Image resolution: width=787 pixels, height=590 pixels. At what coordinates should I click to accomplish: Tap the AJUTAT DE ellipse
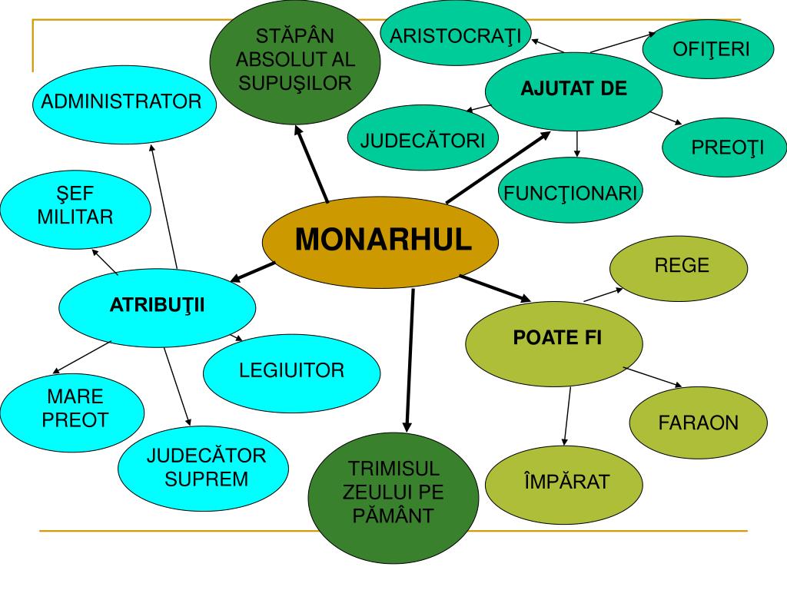pos(573,89)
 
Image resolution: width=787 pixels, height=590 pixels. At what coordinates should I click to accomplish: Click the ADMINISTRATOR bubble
pos(121,101)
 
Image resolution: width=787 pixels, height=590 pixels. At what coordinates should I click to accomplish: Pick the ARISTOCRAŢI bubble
pos(455,36)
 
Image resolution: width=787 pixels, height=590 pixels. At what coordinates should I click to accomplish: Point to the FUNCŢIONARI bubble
pos(569,192)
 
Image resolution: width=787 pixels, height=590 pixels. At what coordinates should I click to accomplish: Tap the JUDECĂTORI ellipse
pos(422,141)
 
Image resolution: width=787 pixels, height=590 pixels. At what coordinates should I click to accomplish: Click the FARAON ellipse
pos(697,423)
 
